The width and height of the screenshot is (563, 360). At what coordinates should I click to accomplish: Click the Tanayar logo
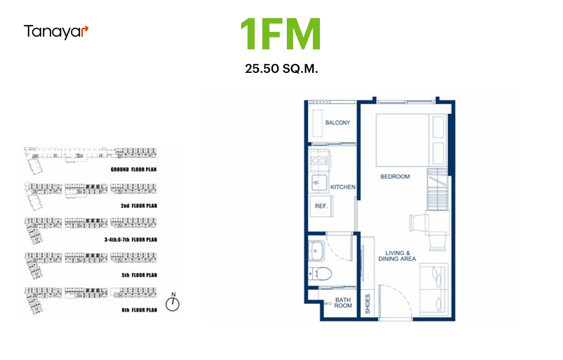tap(56, 32)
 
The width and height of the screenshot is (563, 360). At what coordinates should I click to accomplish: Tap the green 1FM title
tap(281, 35)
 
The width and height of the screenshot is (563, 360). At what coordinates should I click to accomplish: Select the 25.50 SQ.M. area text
tap(281, 69)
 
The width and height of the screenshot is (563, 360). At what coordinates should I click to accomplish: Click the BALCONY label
tap(338, 123)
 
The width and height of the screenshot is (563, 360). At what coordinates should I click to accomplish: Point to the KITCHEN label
tap(343, 187)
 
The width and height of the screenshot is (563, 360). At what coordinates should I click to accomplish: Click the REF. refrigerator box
tap(321, 206)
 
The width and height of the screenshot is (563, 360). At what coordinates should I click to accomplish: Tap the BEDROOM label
tap(395, 176)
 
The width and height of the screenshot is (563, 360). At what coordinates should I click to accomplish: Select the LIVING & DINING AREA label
tap(397, 256)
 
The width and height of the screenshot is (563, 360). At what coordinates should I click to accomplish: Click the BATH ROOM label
tap(343, 302)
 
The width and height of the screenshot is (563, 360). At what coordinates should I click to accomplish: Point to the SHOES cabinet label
tap(367, 304)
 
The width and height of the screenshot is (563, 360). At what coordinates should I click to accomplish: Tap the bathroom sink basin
tap(316, 250)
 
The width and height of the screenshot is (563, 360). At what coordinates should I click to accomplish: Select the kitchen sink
tap(319, 183)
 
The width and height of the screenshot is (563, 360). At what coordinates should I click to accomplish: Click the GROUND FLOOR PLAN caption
tap(134, 169)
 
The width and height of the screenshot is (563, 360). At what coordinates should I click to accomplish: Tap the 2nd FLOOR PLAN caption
tap(139, 206)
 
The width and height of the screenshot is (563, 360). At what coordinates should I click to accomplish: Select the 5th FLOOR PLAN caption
tap(140, 275)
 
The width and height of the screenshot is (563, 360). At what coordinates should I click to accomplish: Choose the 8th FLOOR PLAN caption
tap(140, 310)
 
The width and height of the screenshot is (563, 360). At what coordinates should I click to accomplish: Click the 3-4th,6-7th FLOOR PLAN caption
tap(131, 240)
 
